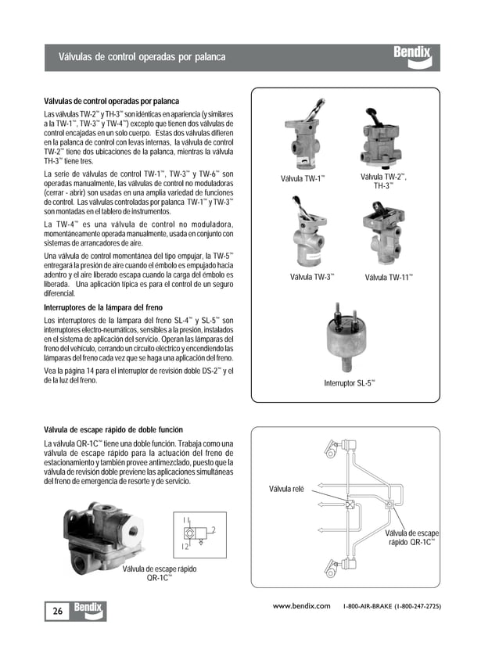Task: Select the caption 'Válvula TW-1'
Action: pos(303,179)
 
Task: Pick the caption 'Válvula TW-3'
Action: pos(312,277)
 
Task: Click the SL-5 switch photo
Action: pos(348,339)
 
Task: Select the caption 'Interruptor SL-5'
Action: pos(350,382)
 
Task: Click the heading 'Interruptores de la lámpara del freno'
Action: pos(102,308)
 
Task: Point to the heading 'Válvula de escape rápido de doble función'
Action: pos(113,430)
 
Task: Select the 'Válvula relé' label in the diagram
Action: pos(286,489)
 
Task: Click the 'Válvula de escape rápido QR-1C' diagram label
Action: pos(411,537)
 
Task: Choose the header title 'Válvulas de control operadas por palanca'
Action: pos(142,57)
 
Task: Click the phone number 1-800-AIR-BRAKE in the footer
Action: pos(392,606)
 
